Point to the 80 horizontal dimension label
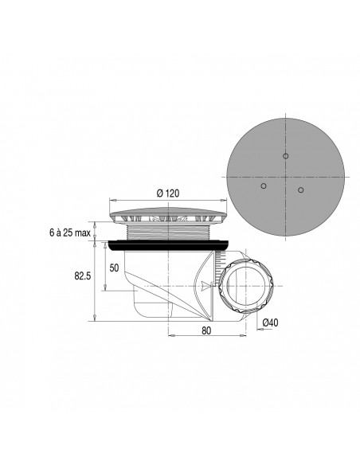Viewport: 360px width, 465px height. (206, 329)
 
